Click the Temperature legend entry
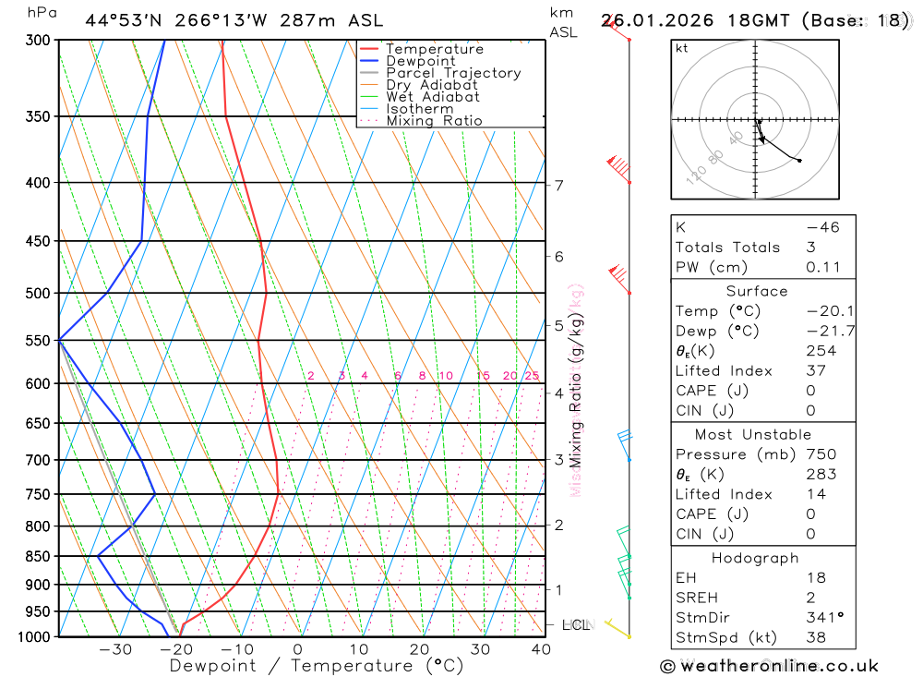[434, 49]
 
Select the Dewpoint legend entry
[421, 61]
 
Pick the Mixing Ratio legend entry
[434, 121]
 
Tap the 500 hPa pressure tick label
[38, 293]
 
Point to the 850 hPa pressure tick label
[38, 556]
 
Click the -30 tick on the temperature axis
[115, 649]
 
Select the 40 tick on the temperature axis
[541, 649]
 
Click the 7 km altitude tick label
[559, 185]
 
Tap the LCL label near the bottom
[575, 625]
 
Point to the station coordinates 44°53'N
[121, 20]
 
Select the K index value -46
[822, 227]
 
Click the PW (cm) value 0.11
[822, 268]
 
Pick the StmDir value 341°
[822, 618]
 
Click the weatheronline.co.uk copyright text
[769, 666]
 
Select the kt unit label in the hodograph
[682, 48]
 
